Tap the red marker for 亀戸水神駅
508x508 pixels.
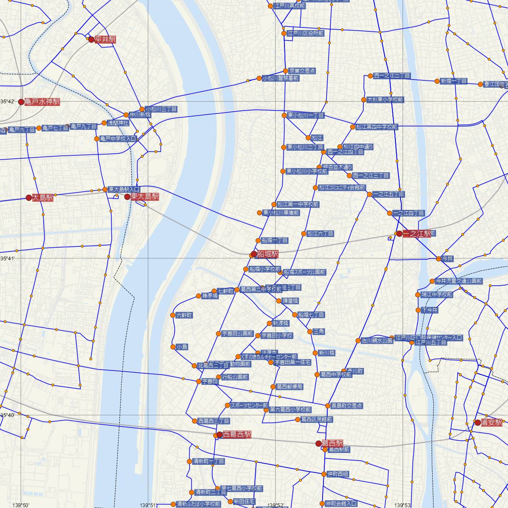[21, 102]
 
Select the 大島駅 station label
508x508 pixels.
[43, 197]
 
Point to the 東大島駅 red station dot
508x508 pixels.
[127, 196]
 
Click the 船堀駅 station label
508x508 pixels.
[268, 254]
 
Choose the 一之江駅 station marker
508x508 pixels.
[399, 233]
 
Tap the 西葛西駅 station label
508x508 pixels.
[237, 434]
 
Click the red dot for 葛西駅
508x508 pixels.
[318, 443]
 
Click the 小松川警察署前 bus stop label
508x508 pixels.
[281, 78]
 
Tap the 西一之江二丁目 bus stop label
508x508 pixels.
[392, 76]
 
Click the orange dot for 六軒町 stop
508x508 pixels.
[172, 315]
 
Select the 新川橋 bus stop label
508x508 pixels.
[327, 353]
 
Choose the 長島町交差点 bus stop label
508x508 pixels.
[347, 406]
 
